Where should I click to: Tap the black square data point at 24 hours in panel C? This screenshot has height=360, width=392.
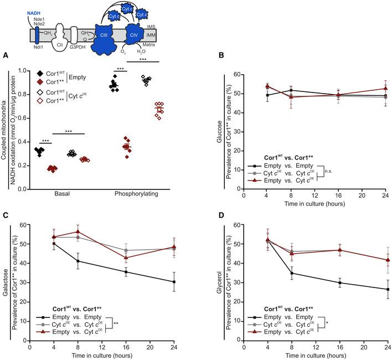[174, 282]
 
